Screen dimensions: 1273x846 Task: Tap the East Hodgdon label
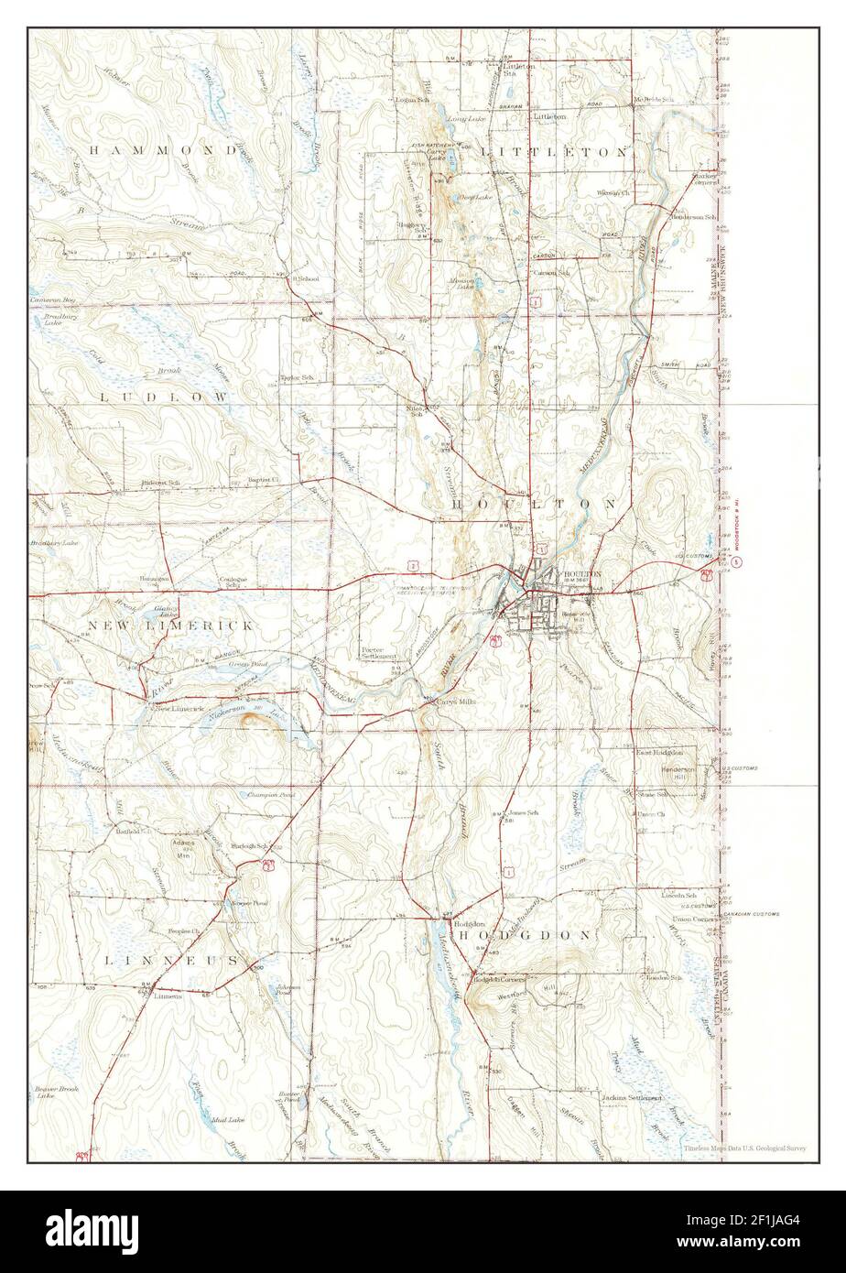(658, 752)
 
